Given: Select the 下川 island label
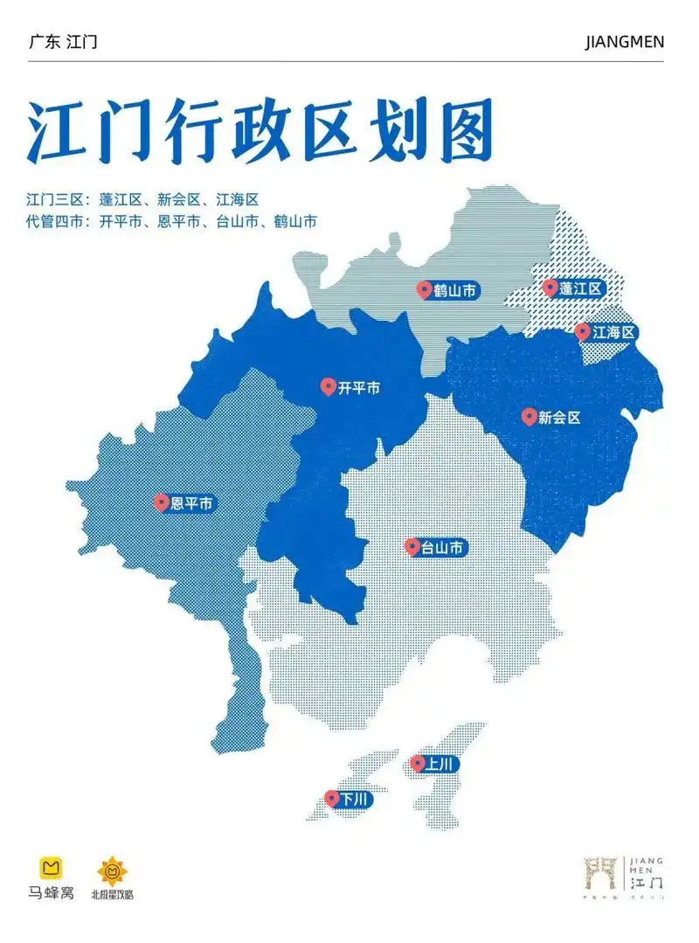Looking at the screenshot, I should pyautogui.click(x=349, y=799).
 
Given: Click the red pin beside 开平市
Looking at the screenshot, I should pyautogui.click(x=328, y=386).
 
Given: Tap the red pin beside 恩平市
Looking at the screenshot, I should pyautogui.click(x=161, y=503).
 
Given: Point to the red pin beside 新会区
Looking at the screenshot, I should pyautogui.click(x=528, y=417).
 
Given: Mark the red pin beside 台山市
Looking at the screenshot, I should pyautogui.click(x=412, y=546).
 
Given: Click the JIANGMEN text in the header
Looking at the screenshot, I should pyautogui.click(x=624, y=42).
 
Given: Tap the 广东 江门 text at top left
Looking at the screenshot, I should pyautogui.click(x=63, y=42).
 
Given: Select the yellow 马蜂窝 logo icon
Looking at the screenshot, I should pyautogui.click(x=51, y=868).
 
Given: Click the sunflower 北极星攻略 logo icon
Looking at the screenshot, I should pyautogui.click(x=112, y=870).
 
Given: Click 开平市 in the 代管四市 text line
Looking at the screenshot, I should pyautogui.click(x=120, y=221).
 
